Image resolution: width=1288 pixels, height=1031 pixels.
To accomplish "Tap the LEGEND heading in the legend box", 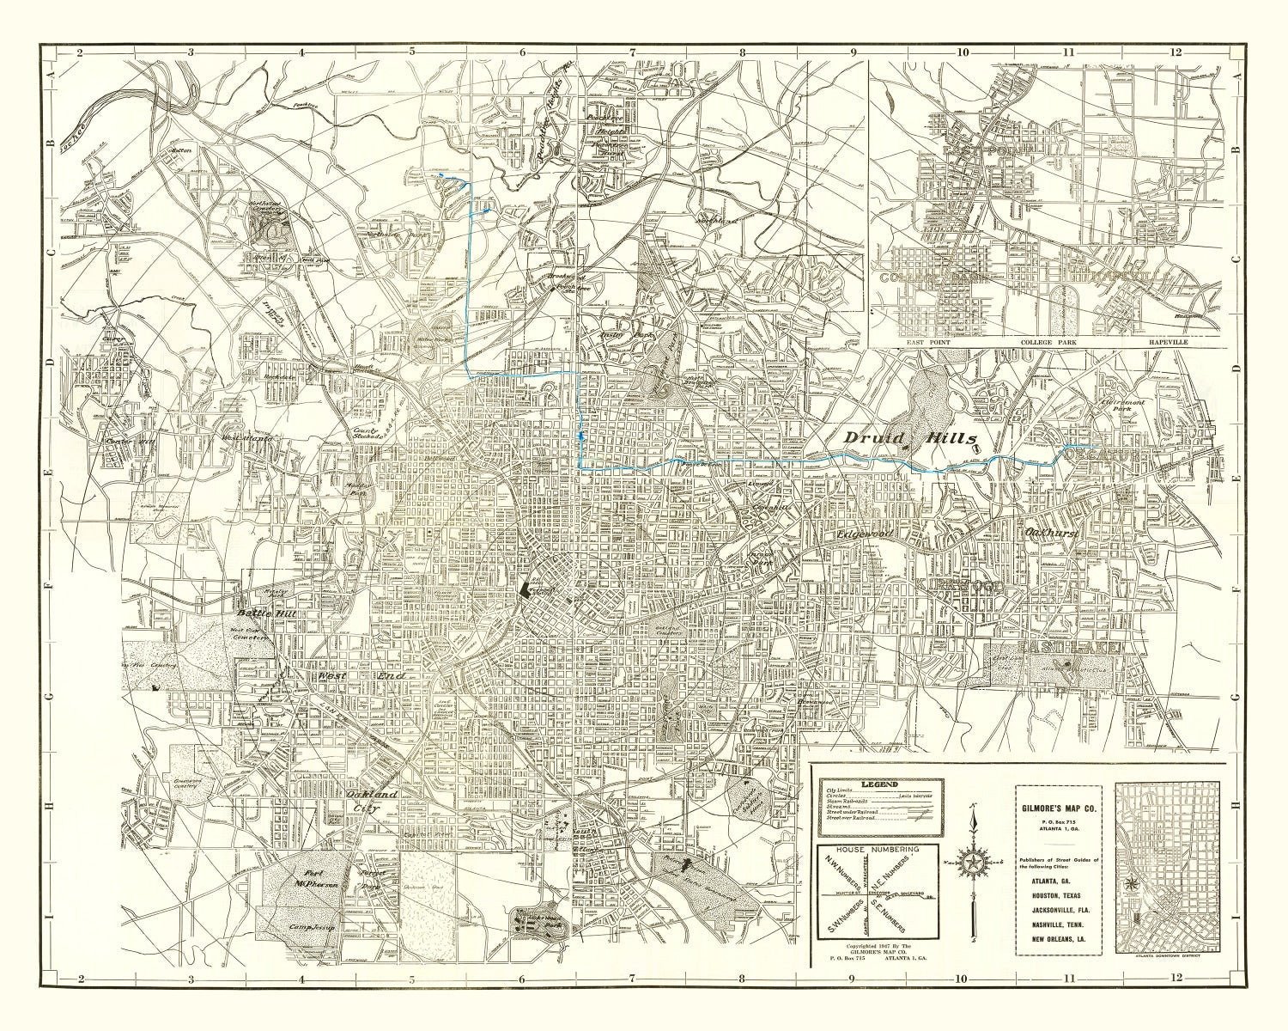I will [x=874, y=785].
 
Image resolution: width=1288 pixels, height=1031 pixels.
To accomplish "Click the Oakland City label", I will [x=372, y=801].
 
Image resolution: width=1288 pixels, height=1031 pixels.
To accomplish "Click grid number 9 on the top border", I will [x=854, y=52].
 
